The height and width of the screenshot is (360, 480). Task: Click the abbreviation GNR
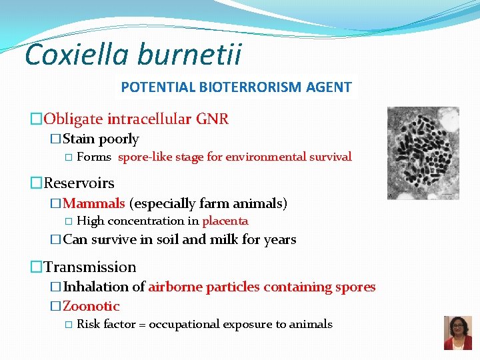212,119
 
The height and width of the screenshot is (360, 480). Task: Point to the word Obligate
73,119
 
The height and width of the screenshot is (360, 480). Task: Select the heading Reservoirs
79,183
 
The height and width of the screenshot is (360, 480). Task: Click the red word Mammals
94,203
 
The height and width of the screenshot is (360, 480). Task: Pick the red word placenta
225,221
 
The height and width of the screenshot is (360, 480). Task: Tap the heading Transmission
89,267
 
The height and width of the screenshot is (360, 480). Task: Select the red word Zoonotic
91,307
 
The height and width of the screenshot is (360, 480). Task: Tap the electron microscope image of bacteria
423,153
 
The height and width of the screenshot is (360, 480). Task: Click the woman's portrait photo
457,333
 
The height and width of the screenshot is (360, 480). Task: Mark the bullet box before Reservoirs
37,183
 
